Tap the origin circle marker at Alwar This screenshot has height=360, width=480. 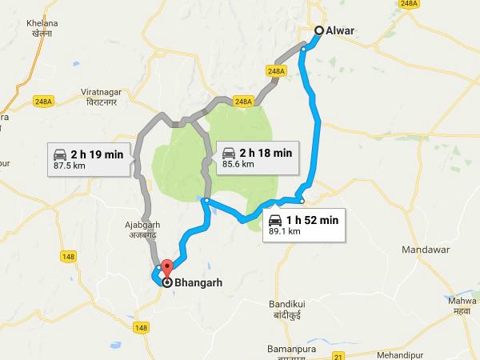(x=319, y=30)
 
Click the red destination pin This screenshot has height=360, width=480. (x=167, y=270)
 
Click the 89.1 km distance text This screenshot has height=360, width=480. (x=284, y=231)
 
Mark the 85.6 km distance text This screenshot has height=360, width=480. (x=238, y=164)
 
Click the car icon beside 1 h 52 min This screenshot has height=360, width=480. (x=275, y=220)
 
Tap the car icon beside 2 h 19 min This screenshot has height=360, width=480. (x=58, y=154)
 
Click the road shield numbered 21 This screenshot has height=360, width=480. (x=338, y=355)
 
